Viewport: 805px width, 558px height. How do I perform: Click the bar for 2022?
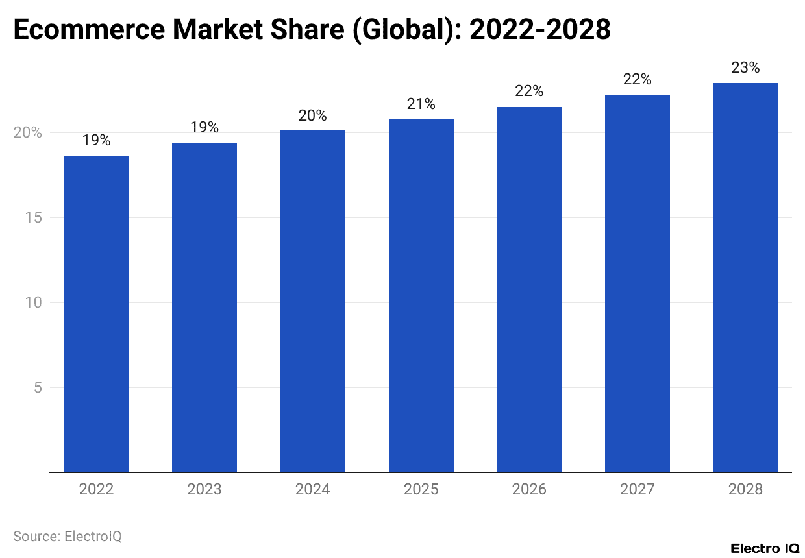click(x=96, y=314)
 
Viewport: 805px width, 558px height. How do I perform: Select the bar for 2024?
click(x=313, y=301)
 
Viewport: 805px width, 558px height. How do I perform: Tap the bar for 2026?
click(x=529, y=289)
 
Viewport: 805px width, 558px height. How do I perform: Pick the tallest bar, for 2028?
click(x=745, y=278)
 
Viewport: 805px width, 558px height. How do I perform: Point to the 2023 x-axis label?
click(x=204, y=489)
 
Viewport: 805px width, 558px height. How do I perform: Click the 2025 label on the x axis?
click(x=421, y=489)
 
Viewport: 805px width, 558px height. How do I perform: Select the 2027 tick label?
click(x=637, y=489)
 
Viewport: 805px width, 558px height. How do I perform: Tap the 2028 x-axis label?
click(x=745, y=489)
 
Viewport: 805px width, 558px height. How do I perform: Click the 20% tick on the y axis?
click(x=28, y=132)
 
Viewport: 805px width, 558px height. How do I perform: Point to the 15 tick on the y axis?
click(x=34, y=217)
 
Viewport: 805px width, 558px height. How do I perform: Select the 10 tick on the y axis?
click(x=34, y=302)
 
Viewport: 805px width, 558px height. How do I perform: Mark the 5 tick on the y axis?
click(x=38, y=387)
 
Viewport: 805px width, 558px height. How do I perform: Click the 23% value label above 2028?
click(x=745, y=67)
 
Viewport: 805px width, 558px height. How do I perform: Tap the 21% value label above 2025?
click(x=421, y=104)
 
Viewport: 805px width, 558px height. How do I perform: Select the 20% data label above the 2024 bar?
click(x=313, y=115)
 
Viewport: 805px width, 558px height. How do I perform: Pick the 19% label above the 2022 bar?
click(x=96, y=140)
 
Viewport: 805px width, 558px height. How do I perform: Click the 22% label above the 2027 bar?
click(x=637, y=79)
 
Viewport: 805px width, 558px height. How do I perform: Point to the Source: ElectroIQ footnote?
click(x=68, y=536)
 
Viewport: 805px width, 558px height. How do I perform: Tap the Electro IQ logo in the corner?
click(x=764, y=548)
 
